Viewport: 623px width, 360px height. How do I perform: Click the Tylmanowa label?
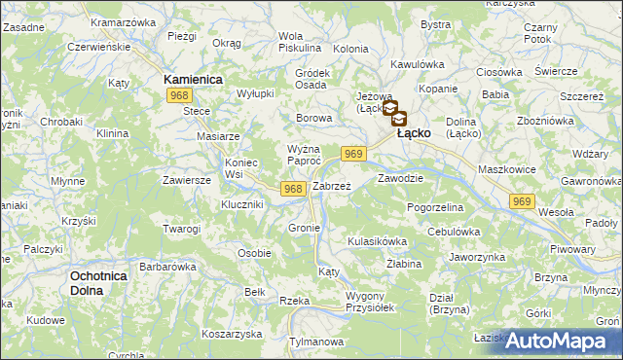[x=318, y=342]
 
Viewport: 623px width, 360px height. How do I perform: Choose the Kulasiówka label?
[x=377, y=240]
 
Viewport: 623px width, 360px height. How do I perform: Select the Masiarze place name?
[x=218, y=137]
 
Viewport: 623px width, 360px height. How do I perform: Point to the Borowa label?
[x=314, y=118]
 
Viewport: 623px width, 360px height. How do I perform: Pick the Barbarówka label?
[x=168, y=266]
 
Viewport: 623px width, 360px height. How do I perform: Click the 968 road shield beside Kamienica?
[x=178, y=95]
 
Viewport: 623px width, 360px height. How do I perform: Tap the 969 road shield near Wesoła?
[x=522, y=200]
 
